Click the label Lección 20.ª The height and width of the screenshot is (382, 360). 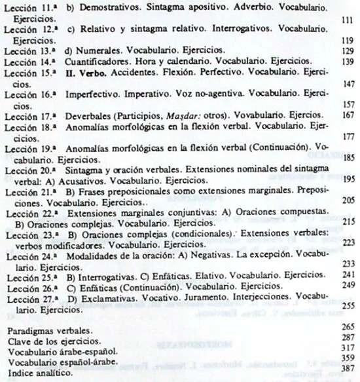30,170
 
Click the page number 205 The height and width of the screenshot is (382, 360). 348,201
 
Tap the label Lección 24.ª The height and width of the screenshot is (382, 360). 30,255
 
